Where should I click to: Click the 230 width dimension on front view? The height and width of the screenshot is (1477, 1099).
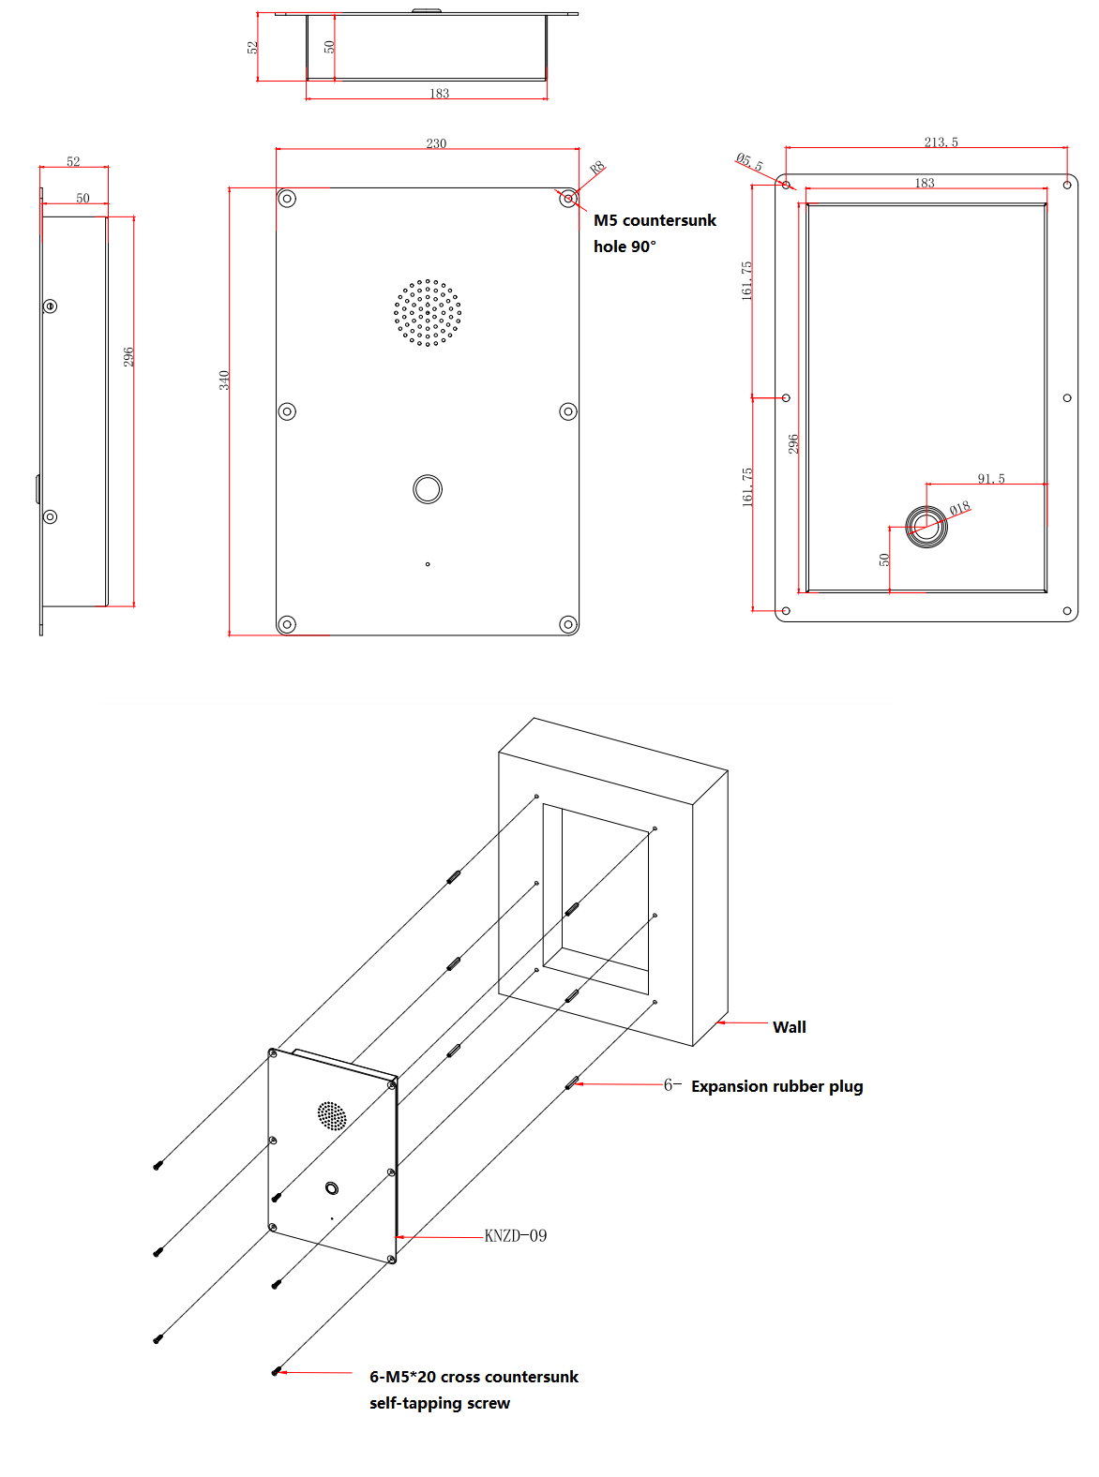pos(436,143)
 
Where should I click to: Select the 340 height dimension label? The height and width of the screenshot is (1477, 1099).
pos(224,380)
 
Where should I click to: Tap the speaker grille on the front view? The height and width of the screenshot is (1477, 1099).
pos(428,313)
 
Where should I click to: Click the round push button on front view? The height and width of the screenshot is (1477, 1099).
pos(428,489)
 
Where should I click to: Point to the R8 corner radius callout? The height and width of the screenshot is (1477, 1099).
pos(596,168)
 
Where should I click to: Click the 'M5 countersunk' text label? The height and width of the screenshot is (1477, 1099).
pos(655,220)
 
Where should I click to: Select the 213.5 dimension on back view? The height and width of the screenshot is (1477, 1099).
pos(941,142)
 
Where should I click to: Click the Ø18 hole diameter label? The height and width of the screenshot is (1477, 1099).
pos(959,509)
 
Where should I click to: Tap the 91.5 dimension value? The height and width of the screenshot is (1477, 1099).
pos(990,479)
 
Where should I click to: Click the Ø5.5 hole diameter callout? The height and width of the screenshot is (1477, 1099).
pos(748,162)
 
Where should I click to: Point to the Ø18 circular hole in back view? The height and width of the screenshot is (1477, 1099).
pos(926,527)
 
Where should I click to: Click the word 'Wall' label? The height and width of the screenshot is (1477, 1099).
pos(789,1027)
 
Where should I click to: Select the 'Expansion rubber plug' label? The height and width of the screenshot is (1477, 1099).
pos(776,1086)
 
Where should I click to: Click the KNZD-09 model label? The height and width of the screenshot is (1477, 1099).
pos(515,1236)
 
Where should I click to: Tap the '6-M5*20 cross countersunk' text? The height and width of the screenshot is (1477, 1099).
pos(474,1377)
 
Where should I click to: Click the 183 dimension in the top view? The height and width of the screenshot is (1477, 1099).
pos(439,94)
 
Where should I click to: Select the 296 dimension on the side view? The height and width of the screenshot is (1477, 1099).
pos(128,356)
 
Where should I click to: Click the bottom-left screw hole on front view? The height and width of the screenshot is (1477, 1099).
pos(288,624)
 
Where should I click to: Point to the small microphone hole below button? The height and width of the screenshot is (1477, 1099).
pos(428,564)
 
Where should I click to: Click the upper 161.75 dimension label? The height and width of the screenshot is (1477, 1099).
pos(746,279)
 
